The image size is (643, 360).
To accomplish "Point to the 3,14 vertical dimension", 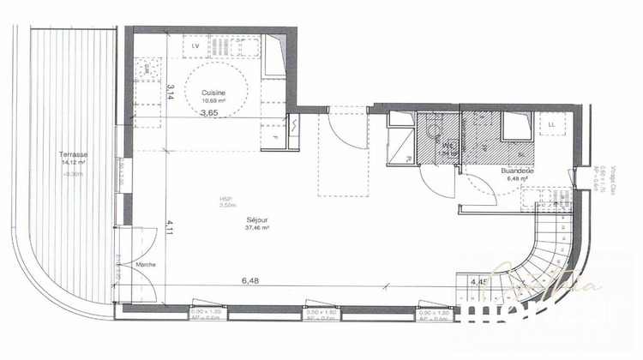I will pos(171,92).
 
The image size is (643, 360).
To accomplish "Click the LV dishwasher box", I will pos(196,45).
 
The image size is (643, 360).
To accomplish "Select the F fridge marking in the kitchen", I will pos(274,137).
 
